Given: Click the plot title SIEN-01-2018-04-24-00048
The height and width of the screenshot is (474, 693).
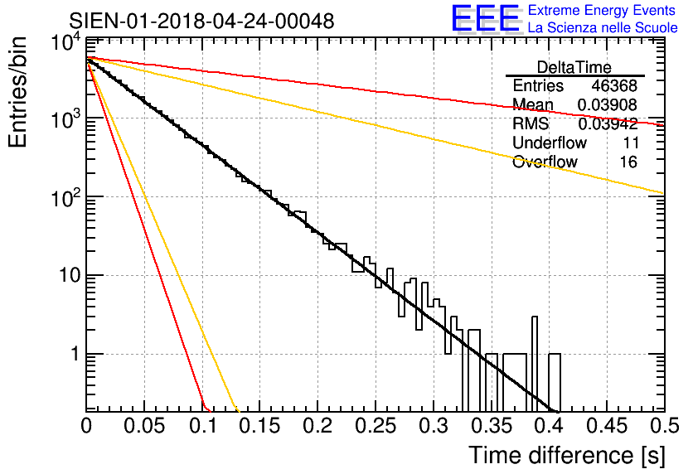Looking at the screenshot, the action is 201,21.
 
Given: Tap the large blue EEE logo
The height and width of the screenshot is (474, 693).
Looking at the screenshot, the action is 486,18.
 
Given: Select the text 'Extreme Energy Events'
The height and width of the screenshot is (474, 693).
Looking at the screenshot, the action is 602,10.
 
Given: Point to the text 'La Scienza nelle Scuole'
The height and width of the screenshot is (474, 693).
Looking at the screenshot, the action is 603,28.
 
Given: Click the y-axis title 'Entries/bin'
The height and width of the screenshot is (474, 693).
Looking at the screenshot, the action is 17,92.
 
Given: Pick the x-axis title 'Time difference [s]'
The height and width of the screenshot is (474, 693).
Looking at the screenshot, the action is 567,456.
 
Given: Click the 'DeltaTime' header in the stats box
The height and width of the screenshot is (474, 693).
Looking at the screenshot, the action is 574,67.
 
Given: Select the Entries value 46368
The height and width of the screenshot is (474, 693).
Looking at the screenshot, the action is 614,85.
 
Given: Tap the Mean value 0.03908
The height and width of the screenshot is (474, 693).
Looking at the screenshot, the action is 608,104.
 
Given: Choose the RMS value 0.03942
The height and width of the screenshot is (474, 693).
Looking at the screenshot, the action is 608,123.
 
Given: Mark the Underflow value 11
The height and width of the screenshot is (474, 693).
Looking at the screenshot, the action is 631,143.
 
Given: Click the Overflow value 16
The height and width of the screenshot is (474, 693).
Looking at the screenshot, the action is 628,162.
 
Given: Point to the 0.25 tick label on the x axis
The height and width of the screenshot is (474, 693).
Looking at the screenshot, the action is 376,426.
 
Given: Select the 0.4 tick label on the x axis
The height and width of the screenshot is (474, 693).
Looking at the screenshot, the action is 550,426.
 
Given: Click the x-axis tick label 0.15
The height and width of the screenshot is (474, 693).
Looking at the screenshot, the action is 259,426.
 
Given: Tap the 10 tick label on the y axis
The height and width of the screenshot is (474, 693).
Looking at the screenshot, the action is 69,276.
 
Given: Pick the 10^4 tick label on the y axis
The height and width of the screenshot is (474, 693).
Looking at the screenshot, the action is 66,43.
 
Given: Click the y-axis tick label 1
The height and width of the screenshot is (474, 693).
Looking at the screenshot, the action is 75,355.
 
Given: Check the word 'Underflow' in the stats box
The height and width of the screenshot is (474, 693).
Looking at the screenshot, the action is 549,143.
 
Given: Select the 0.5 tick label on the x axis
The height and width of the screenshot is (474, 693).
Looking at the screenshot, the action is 665,426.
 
